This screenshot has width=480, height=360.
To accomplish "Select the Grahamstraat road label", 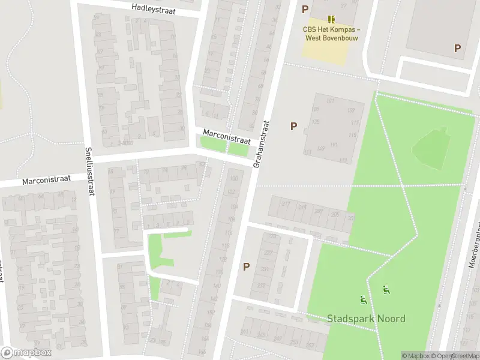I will coord(262,143).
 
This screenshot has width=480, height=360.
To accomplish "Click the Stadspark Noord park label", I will coord(366,319).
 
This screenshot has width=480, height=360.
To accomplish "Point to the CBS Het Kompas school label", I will coord(331,33).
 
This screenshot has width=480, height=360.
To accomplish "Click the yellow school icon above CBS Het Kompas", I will coord(331,19).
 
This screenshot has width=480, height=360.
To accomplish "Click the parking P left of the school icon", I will coord(305,9).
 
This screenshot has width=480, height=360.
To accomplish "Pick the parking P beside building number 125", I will coord(293,126).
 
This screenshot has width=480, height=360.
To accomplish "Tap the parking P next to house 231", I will coord(246,266).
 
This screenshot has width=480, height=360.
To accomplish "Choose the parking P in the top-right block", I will coord(457,49).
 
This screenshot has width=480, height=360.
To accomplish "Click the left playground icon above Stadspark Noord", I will coord(362,299).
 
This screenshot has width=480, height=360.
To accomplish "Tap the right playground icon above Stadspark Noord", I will coord(385,291).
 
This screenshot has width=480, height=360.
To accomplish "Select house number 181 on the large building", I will coord(330,101).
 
